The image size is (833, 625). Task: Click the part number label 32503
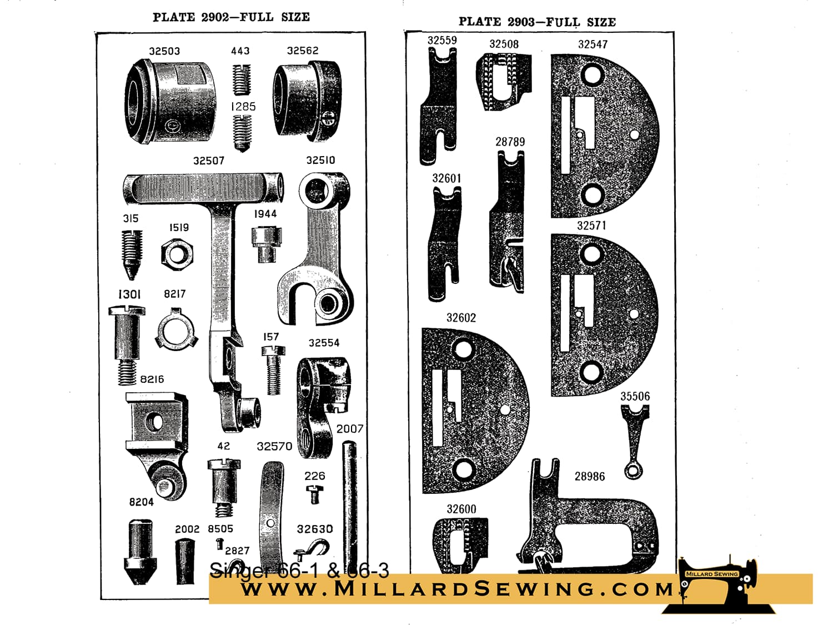coord(164,51)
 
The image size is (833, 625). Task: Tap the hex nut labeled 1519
coord(177,254)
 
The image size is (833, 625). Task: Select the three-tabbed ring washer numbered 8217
coord(176,329)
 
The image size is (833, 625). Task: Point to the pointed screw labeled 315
coord(132,254)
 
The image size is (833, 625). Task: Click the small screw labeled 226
coord(314,494)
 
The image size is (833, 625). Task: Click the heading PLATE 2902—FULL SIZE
coord(231,17)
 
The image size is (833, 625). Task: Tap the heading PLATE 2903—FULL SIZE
coord(537,22)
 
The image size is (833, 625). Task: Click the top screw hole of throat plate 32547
coord(592,75)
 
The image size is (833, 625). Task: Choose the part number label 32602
coord(461,318)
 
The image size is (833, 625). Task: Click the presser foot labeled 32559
coord(439,107)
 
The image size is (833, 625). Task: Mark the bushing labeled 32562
coord(307,99)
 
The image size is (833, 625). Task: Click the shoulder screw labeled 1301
coord(127,346)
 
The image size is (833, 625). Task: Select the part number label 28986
coord(589,476)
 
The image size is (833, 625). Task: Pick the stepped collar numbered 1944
coord(267,244)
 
